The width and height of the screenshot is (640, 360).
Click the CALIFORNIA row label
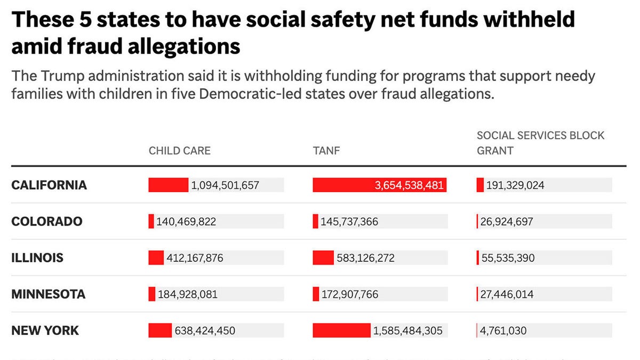[49, 185]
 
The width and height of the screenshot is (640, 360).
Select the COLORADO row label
[47, 221]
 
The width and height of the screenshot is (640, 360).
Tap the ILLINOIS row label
[37, 258]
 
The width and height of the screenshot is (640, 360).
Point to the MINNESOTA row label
[48, 294]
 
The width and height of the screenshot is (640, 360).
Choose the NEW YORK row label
[45, 331]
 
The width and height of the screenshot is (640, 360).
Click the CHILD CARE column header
[179, 150]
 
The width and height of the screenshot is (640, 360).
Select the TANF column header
[326, 150]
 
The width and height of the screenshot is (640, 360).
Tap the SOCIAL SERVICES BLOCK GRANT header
[540, 143]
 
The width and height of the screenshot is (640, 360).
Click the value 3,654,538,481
[409, 186]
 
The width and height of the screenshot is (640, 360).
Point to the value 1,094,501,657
[225, 186]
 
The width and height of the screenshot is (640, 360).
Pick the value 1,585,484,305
[408, 331]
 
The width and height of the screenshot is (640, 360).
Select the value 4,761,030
[503, 331]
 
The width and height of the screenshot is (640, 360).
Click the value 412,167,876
[195, 258]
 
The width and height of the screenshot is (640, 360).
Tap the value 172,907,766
[349, 294]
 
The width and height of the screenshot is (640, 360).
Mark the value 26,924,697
[506, 222]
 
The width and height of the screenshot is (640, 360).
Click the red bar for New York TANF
[341, 331]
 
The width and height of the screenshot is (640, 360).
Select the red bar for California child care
[168, 185]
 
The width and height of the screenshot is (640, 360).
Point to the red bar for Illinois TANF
[323, 258]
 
